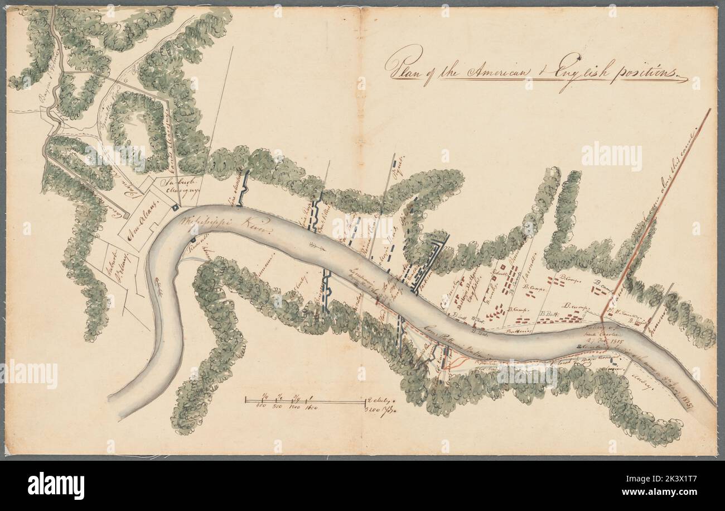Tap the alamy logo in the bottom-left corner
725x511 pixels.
56,484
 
